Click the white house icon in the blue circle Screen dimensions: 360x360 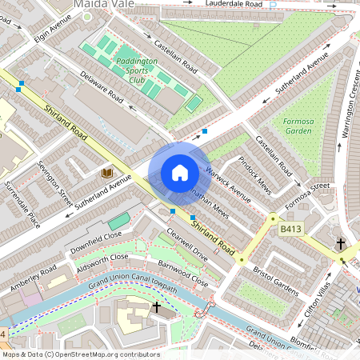180,173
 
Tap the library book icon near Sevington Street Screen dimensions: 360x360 106,173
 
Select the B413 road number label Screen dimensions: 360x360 292,229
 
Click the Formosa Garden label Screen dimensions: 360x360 298,126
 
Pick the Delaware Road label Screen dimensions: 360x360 102,88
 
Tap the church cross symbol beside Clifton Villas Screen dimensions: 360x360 340,243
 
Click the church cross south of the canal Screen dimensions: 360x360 156,306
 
